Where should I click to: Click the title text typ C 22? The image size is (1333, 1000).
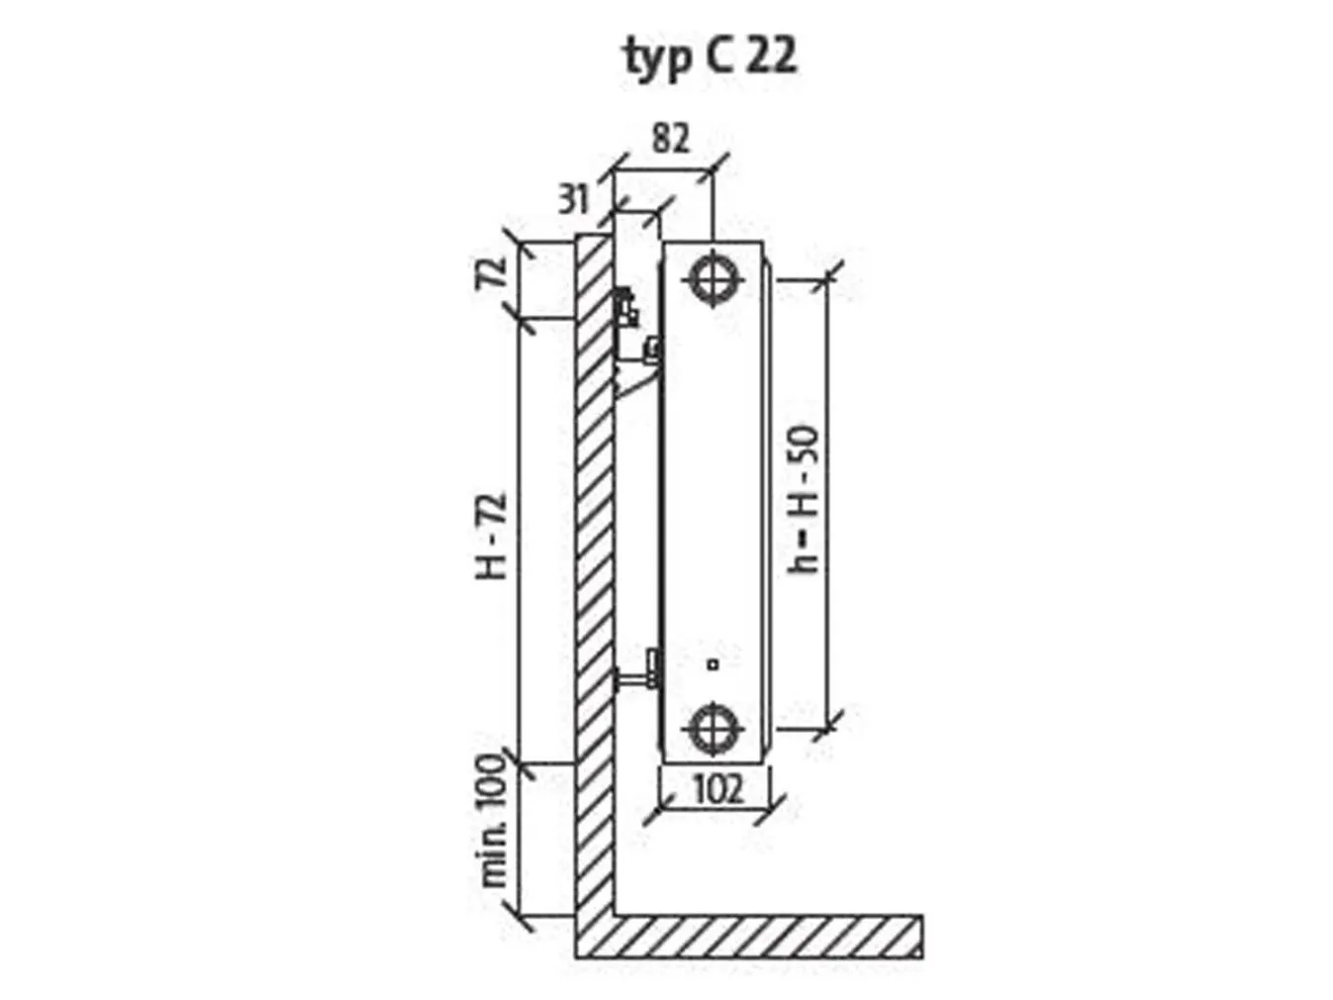coord(710,56)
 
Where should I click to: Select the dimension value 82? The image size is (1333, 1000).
coord(670,139)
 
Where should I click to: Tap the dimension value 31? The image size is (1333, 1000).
coord(573,199)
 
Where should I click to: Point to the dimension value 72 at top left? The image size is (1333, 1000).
coord(495,271)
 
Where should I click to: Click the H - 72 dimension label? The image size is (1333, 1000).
coord(494,536)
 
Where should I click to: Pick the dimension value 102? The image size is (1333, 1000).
coord(716,789)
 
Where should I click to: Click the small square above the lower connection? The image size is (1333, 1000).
coord(713,665)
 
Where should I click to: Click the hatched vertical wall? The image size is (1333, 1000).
coord(593,594)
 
